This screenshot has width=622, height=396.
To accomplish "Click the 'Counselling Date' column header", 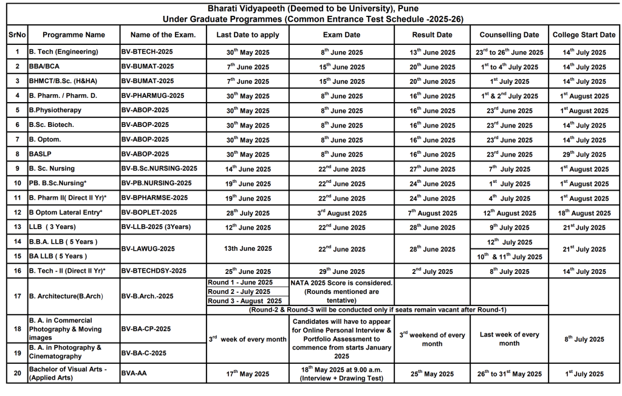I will coord(509,35).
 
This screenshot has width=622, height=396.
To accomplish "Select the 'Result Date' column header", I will coord(432,35).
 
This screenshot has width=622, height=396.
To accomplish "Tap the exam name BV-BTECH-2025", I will coord(148,52).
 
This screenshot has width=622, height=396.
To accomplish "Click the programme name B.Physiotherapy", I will coord(55,111).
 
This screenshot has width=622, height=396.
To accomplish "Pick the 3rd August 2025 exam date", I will coord(341,213).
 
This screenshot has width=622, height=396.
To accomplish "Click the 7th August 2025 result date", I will coord(432,213).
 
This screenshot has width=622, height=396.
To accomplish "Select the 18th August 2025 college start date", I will coord(583,213).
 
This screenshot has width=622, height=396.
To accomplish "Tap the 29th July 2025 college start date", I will coord(583,155).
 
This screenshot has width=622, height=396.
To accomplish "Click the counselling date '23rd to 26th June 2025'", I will coord(509,52).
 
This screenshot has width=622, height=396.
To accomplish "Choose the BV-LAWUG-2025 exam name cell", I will coord(148,249).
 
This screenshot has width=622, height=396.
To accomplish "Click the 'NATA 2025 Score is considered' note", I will coord(341,283).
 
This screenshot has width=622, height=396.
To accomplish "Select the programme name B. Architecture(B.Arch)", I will coord(66,296).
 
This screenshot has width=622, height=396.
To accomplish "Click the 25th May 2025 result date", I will coord(432,374).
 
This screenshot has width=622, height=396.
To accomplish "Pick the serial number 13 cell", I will coord(17,228).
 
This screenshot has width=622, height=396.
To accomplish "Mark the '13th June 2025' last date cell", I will coord(248,248).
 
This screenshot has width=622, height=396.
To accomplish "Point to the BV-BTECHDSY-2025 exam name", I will coord(154,271).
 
